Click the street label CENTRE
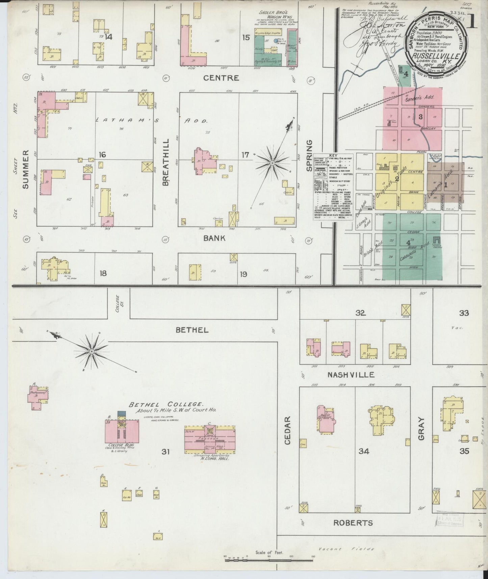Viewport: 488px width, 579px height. [x=221, y=78]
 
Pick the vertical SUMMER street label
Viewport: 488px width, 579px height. [x=27, y=169]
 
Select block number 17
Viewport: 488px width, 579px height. [x=245, y=155]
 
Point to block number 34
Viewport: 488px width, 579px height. [x=364, y=451]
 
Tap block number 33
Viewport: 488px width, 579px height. [x=464, y=313]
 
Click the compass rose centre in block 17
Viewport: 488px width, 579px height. [x=272, y=163]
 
